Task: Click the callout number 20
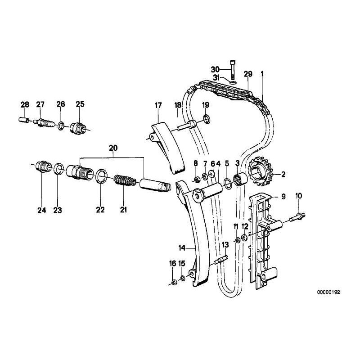112,148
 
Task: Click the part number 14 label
182,247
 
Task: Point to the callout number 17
158,105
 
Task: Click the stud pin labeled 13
223,261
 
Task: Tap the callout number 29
247,73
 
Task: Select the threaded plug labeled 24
43,168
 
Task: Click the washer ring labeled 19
206,119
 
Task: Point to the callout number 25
80,104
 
